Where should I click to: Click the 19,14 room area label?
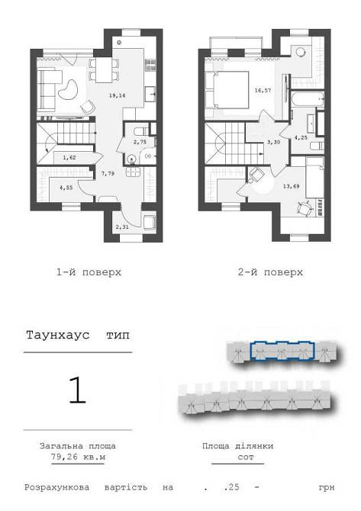(x=118, y=96)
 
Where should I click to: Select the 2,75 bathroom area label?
(x=140, y=142)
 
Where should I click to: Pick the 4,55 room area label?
(x=66, y=186)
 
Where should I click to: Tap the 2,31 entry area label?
(x=121, y=227)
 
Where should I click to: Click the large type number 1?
(x=77, y=390)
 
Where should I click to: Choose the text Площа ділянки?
(x=237, y=446)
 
